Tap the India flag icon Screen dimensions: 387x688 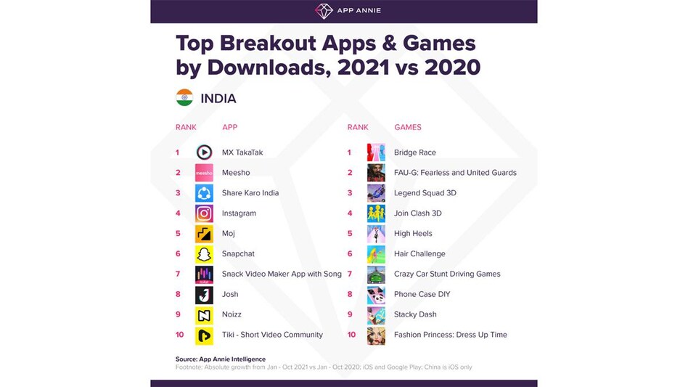click(184, 98)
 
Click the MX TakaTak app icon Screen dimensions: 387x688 click(204, 152)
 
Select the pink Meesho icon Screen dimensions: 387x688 click(204, 173)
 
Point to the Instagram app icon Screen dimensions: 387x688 click(204, 213)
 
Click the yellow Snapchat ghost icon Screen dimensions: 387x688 click(204, 254)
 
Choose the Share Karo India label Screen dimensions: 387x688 click(250, 193)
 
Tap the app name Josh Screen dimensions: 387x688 click(230, 294)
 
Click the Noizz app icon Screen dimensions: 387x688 click(204, 314)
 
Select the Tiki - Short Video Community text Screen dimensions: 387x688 click(272, 335)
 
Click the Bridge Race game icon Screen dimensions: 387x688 click(376, 152)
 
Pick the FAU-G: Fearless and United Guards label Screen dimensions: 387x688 click(455, 173)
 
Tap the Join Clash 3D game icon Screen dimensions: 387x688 click(376, 213)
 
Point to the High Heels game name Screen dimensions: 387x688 click(413, 234)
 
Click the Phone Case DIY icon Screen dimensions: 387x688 click(376, 294)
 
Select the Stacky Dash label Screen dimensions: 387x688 click(415, 314)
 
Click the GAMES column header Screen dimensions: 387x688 click(408, 127)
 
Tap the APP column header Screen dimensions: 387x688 click(230, 127)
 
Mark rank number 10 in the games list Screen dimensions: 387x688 click(351, 335)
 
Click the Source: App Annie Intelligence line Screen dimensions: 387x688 click(221, 359)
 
